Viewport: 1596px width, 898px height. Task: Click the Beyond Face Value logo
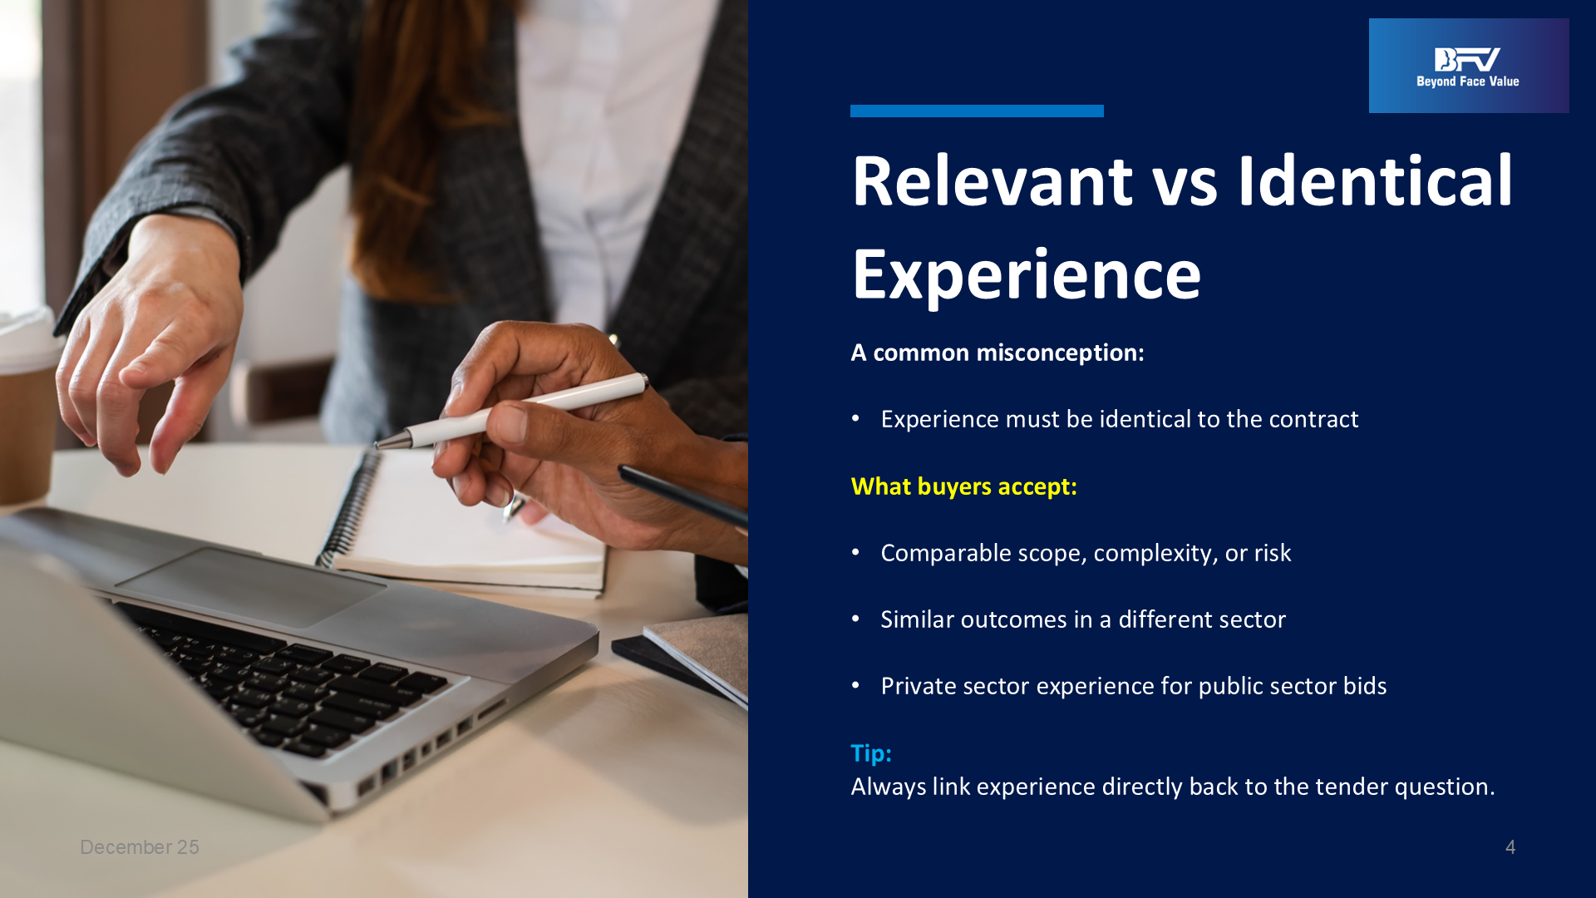[x=1468, y=66]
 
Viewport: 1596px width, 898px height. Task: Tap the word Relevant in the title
[x=993, y=180]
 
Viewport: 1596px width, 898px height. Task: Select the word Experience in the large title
[x=1027, y=275]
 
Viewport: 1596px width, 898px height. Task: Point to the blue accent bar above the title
[x=977, y=111]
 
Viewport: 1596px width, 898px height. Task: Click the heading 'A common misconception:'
[x=997, y=353]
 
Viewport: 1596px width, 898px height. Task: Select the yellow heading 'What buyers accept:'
[x=963, y=486]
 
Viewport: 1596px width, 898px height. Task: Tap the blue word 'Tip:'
[x=871, y=753]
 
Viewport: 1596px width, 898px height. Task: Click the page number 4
[x=1510, y=847]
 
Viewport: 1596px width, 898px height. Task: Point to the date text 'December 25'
[x=140, y=847]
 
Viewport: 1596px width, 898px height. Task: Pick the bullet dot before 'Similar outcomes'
[x=855, y=619]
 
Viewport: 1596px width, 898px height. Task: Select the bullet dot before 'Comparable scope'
[x=855, y=552]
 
